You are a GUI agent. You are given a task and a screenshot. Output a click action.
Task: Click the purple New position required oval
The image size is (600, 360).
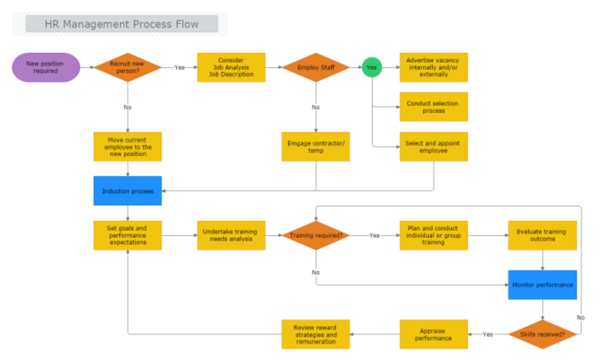(x=46, y=67)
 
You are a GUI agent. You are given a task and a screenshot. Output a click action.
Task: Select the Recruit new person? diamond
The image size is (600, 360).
(x=128, y=67)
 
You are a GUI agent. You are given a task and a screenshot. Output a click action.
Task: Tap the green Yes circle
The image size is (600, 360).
(x=372, y=67)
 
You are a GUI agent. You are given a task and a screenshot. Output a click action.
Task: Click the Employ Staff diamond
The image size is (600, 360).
(x=316, y=67)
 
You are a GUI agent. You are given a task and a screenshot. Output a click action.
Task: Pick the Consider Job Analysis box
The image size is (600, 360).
(x=231, y=67)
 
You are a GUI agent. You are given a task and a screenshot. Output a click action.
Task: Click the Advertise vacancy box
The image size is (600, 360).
(x=434, y=67)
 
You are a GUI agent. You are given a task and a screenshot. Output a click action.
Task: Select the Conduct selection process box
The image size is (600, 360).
(x=434, y=107)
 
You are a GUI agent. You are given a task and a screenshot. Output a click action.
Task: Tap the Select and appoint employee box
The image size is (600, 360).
(x=434, y=147)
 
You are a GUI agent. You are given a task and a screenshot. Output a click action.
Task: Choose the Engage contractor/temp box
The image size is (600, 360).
(x=316, y=147)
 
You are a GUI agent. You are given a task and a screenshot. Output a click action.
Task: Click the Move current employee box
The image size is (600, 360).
(x=128, y=147)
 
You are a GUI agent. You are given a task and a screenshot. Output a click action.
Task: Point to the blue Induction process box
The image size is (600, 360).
(x=128, y=191)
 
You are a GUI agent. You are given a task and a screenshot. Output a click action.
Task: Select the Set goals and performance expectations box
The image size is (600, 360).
(x=128, y=235)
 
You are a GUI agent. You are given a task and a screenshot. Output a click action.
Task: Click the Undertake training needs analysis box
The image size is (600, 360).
(x=231, y=235)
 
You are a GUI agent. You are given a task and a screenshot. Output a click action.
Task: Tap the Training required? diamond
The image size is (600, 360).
(x=316, y=235)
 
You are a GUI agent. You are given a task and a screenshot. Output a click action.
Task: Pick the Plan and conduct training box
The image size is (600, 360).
(x=434, y=235)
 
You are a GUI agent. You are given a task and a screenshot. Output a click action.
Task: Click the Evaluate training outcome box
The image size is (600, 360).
(x=542, y=235)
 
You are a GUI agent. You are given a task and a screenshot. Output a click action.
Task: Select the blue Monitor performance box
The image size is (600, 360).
(x=542, y=285)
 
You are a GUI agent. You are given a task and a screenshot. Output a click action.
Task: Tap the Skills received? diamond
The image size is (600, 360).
(x=542, y=334)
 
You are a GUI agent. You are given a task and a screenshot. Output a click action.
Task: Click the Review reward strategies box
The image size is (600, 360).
(x=316, y=334)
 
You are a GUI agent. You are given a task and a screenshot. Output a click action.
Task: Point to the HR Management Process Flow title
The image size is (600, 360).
(x=122, y=24)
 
